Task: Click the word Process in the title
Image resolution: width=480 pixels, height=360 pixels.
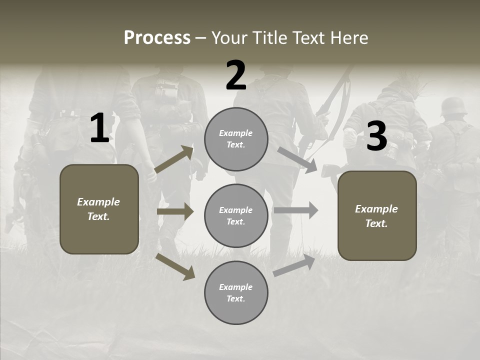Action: pos(157,38)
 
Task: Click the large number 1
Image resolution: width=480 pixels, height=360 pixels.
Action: pos(99,128)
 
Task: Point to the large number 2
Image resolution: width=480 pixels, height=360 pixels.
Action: pos(236,75)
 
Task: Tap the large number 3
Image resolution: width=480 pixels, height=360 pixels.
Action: pos(376,136)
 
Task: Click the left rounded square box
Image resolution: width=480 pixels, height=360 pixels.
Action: pos(99,209)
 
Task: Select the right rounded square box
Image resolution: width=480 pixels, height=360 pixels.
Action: pos(377,215)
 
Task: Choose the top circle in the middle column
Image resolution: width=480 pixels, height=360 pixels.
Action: pos(236,139)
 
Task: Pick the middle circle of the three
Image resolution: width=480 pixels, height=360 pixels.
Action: pos(236,215)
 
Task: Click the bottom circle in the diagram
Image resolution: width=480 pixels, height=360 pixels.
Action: pos(236,292)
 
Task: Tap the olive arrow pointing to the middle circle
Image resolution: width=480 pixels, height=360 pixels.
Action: pos(175,211)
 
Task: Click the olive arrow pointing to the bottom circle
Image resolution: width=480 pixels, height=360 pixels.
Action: pos(175,267)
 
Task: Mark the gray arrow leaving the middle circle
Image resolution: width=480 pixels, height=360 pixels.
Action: pos(296,210)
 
